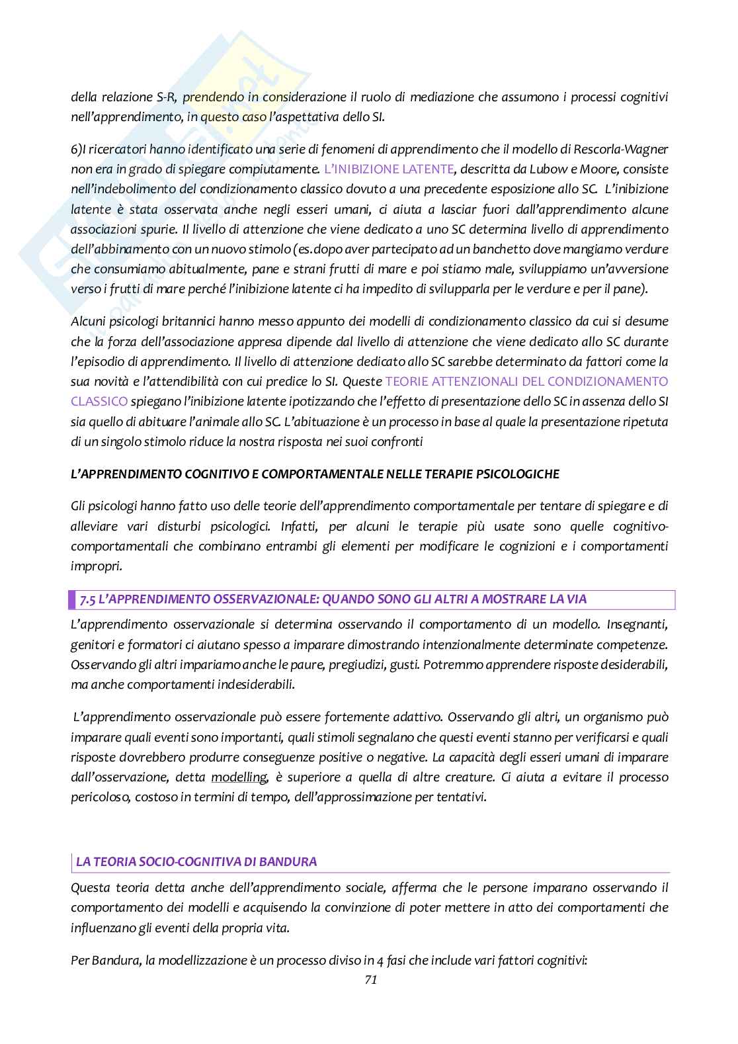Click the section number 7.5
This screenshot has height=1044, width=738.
coord(88,599)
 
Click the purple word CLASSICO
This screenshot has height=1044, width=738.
coord(99,401)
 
